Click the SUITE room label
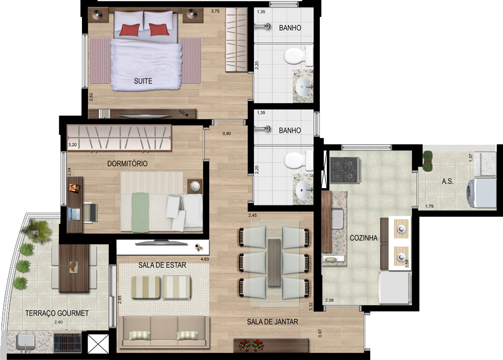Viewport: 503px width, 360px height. pyautogui.click(x=143, y=81)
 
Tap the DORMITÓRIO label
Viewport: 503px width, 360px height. pyautogui.click(x=127, y=163)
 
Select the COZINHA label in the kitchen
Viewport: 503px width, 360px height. pyautogui.click(x=364, y=238)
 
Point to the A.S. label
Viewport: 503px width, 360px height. pyautogui.click(x=448, y=182)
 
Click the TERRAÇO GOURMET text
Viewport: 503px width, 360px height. pyautogui.click(x=57, y=313)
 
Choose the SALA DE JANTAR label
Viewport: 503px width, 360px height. pyautogui.click(x=272, y=321)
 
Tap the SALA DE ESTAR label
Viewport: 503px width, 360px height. pyautogui.click(x=162, y=265)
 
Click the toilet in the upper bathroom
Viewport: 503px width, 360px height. pyautogui.click(x=298, y=56)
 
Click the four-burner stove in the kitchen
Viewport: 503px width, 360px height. pyautogui.click(x=346, y=170)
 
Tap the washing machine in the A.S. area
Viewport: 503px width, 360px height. pyautogui.click(x=481, y=194)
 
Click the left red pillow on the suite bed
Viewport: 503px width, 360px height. pyautogui.click(x=130, y=30)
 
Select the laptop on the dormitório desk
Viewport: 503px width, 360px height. pyautogui.click(x=74, y=215)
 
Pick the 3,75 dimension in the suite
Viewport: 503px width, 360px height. pyautogui.click(x=215, y=11)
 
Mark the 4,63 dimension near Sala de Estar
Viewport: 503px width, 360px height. pyautogui.click(x=205, y=259)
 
